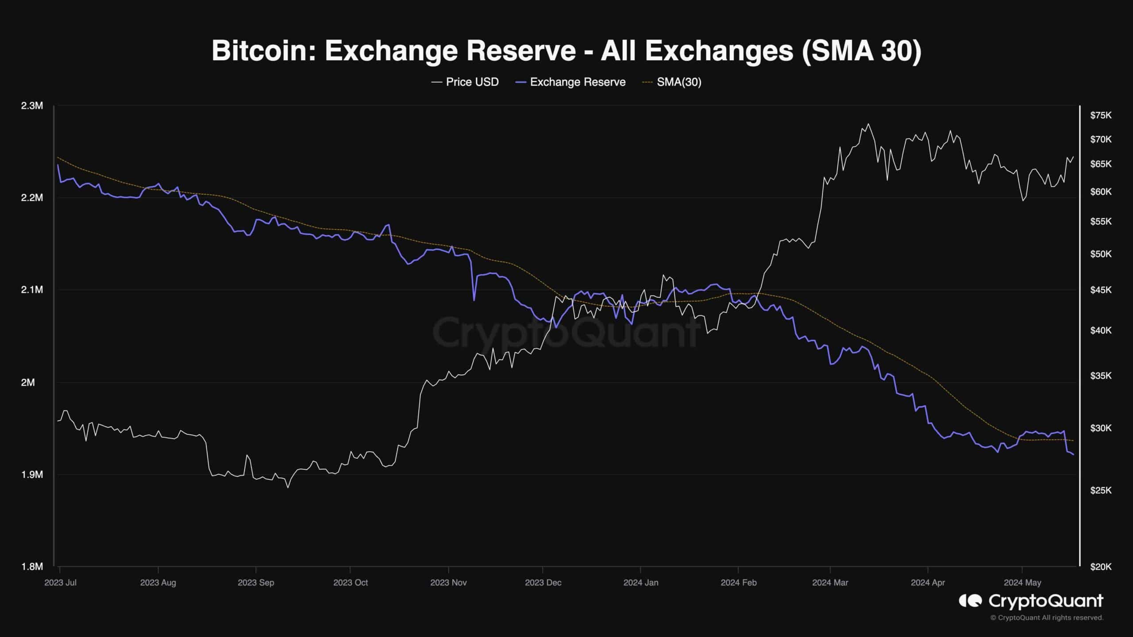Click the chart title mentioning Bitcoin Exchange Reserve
pyautogui.click(x=566, y=51)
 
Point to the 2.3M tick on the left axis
pyautogui.click(x=32, y=106)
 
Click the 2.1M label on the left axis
pyautogui.click(x=32, y=290)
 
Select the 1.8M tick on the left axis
pyautogui.click(x=32, y=567)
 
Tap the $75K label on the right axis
pyautogui.click(x=1101, y=115)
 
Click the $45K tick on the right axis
pyautogui.click(x=1101, y=290)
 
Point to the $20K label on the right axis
pyautogui.click(x=1101, y=567)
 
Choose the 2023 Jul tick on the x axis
pyautogui.click(x=60, y=583)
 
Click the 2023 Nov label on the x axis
pyautogui.click(x=448, y=583)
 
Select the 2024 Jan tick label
pyautogui.click(x=640, y=583)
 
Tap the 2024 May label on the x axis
pyautogui.click(x=1022, y=583)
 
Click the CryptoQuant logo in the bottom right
pyautogui.click(x=1031, y=601)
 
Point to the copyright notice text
pyautogui.click(x=1047, y=618)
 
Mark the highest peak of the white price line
pyautogui.click(x=868, y=124)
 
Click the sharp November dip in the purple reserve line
pyautogui.click(x=474, y=300)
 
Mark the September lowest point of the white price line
pyautogui.click(x=288, y=487)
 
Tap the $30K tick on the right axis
pyautogui.click(x=1101, y=428)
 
